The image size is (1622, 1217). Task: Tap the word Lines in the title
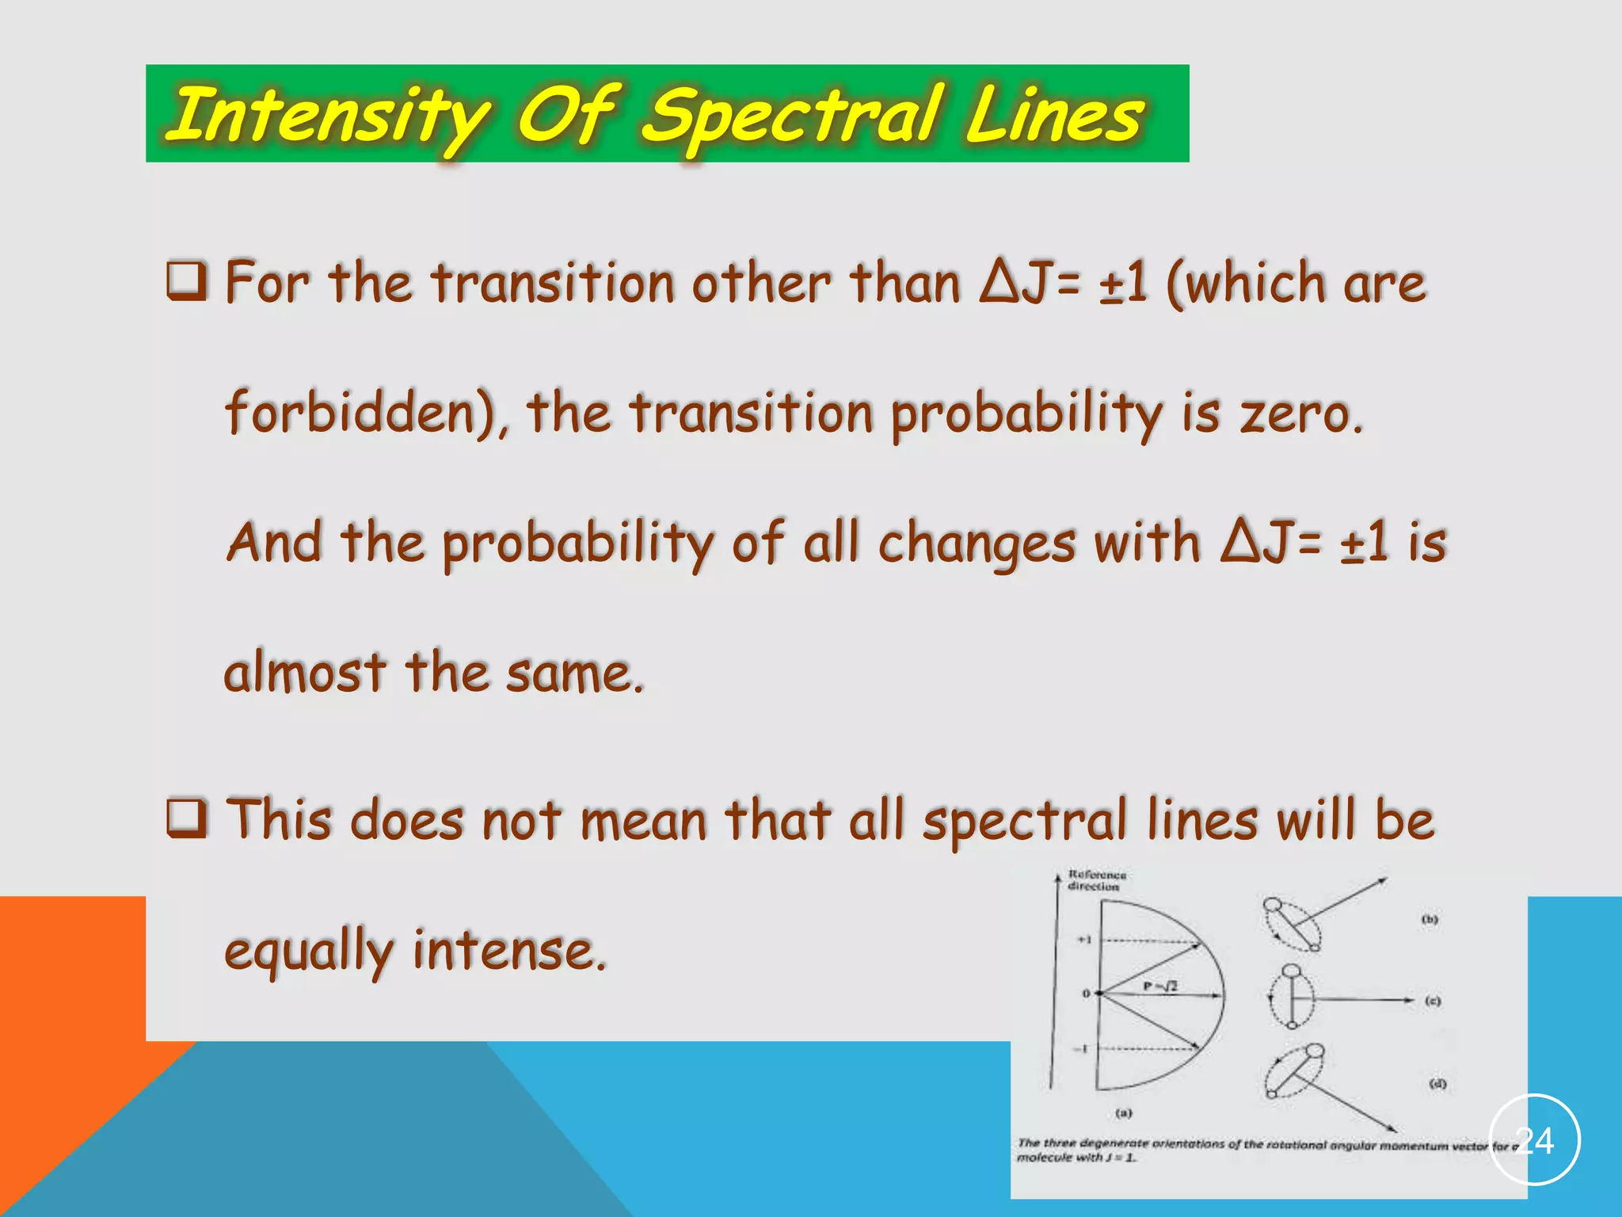(1053, 116)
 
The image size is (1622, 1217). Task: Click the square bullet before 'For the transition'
(187, 281)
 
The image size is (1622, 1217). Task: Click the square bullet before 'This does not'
(187, 819)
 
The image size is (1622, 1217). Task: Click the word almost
(306, 672)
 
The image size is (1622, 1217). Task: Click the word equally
(309, 951)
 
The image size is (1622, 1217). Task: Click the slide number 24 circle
(1534, 1140)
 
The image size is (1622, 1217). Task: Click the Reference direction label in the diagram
(1096, 880)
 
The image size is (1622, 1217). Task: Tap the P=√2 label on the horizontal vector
(1161, 986)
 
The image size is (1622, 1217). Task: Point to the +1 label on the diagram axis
(1084, 940)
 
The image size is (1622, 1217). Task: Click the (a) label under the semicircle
(1124, 1112)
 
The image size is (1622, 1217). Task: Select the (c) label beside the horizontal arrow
(1433, 1001)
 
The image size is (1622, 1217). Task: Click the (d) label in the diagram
(1437, 1083)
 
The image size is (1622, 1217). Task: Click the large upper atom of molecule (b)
(1273, 905)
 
